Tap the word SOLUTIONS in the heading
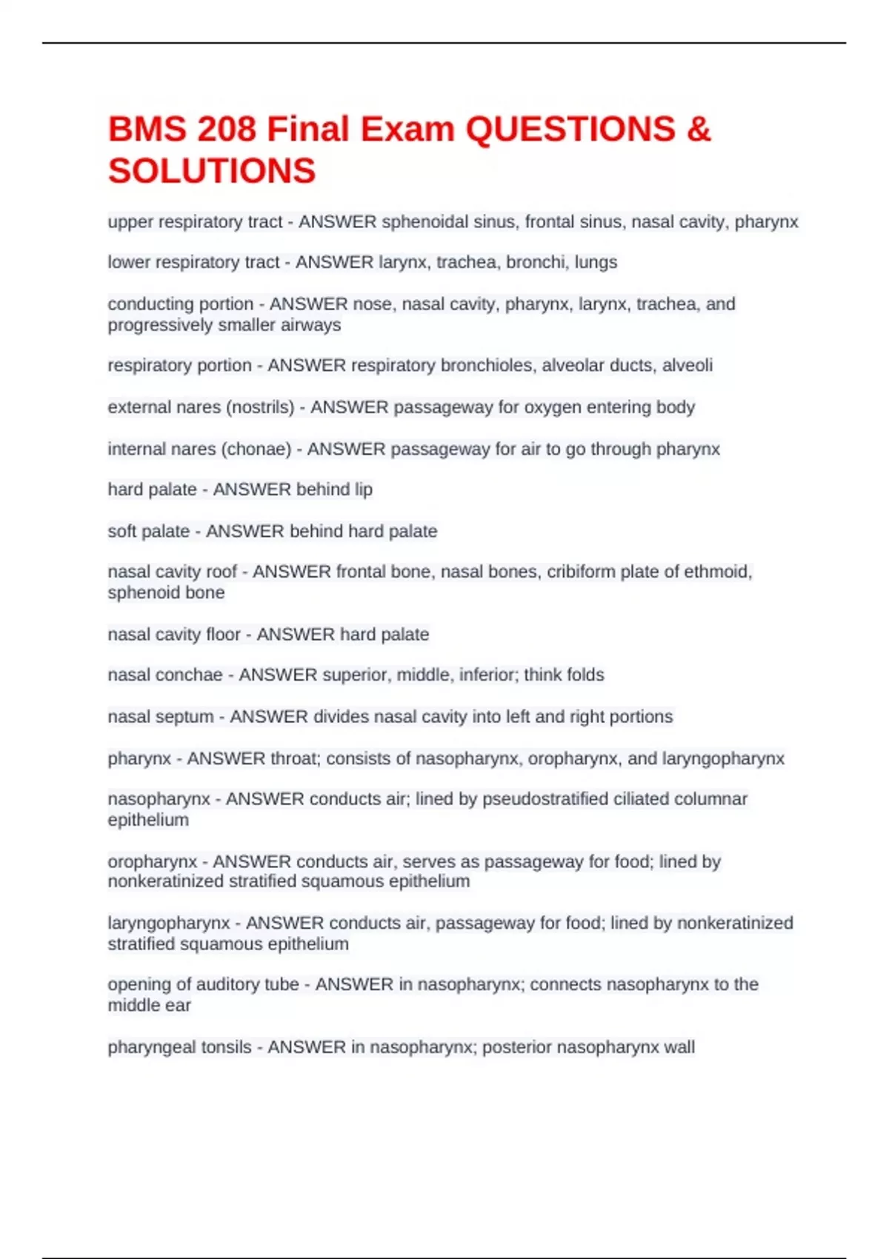[212, 171]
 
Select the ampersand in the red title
[699, 130]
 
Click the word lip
[363, 490]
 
